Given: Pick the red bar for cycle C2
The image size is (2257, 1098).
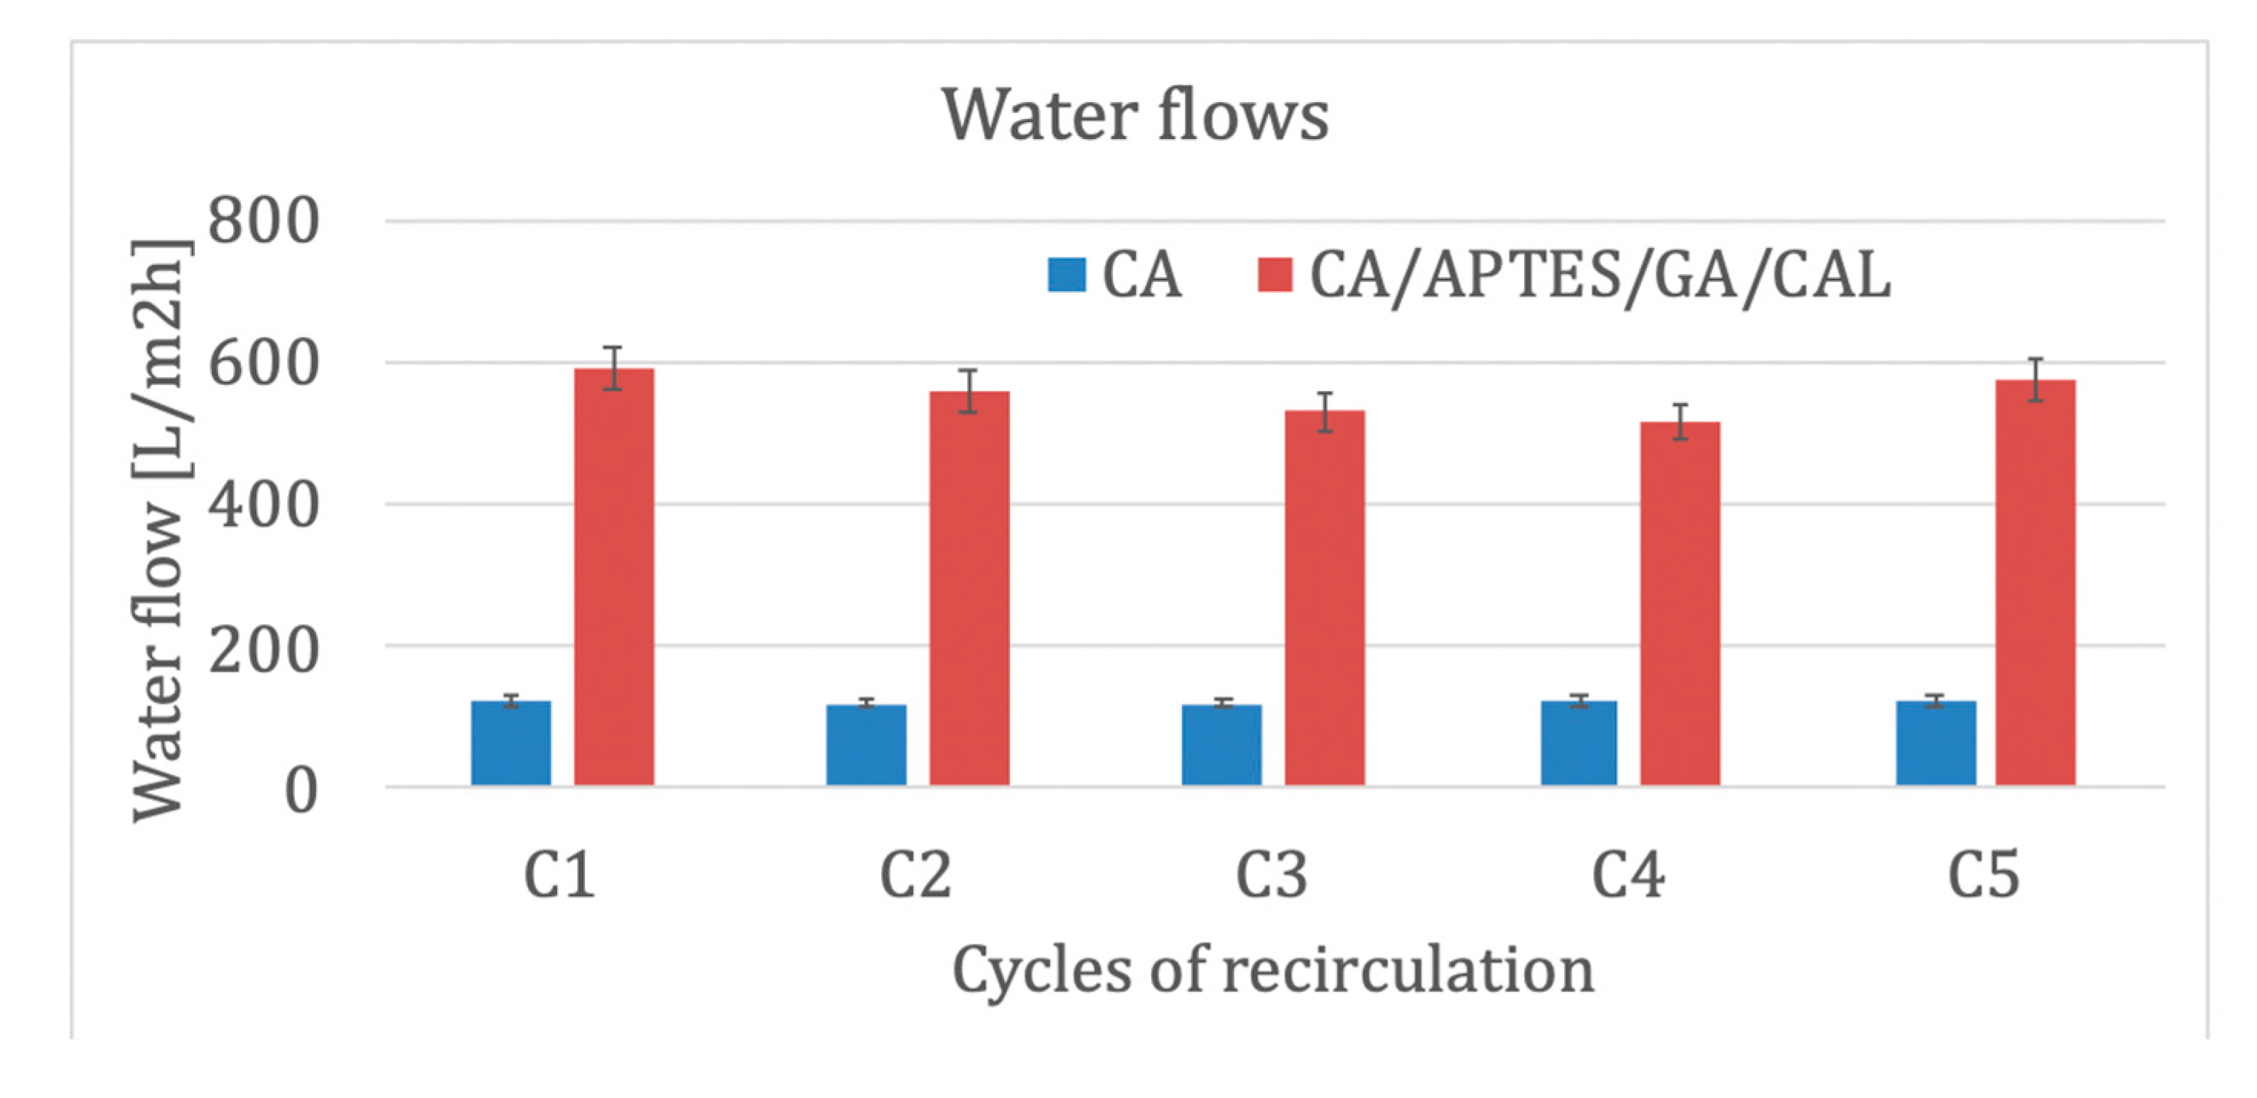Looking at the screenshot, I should pos(969,588).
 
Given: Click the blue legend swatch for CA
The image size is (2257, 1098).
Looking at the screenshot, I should pos(1066,274).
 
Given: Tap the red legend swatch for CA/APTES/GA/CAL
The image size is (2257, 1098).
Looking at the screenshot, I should pos(1275,274).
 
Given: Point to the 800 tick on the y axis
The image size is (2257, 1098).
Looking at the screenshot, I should pos(264,221).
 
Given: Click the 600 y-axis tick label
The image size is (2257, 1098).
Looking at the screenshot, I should pos(264,362).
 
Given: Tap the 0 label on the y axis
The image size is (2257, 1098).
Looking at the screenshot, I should pos(301,792).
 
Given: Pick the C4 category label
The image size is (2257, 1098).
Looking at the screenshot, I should pos(1627,875).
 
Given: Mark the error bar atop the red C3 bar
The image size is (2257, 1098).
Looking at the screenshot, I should pos(1325,412).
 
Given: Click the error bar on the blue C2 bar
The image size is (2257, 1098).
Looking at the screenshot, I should pos(866,703).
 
